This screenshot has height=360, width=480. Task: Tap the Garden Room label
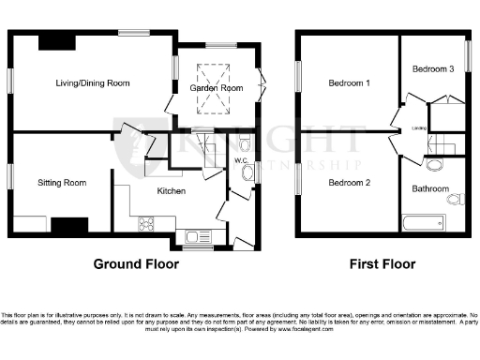(x=217, y=87)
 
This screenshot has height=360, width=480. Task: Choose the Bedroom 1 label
(x=349, y=83)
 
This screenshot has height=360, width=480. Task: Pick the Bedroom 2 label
(x=349, y=182)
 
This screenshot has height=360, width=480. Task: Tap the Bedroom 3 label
(x=433, y=68)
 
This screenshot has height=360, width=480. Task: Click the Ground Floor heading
(x=136, y=264)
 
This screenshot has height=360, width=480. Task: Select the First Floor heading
(x=381, y=264)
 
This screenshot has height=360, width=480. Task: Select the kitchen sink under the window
(x=200, y=236)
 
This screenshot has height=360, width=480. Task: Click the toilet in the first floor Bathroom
(x=455, y=199)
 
